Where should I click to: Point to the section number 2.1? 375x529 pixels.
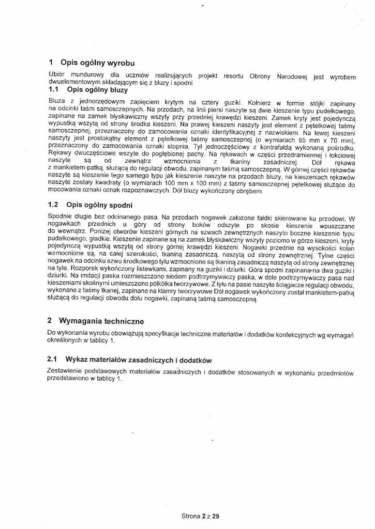coord(52,359)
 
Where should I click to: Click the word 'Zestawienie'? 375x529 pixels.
coord(66,372)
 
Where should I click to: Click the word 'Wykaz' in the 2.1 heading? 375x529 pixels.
coord(73,359)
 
